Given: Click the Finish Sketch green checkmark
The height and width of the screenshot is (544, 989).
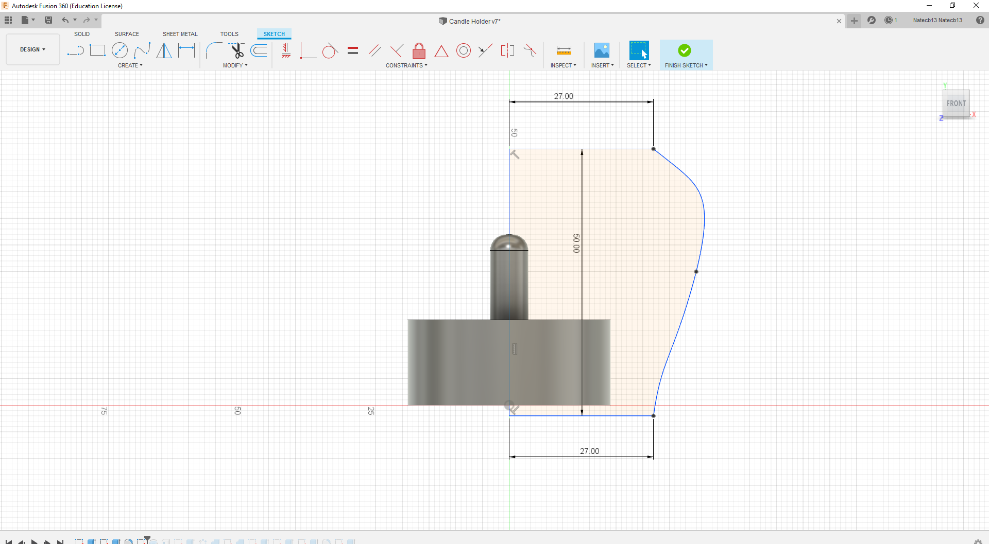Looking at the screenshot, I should point(684,50).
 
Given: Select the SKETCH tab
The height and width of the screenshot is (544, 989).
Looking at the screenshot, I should point(274,34).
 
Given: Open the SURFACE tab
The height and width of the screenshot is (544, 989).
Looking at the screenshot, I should point(127,34).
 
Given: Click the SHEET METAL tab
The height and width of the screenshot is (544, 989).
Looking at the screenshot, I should point(180,34).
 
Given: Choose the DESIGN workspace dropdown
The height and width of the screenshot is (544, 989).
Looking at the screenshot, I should point(32,49).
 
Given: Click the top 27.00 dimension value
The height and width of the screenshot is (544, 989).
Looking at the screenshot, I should point(564,96).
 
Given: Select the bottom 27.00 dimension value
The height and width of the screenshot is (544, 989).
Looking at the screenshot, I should point(589,451).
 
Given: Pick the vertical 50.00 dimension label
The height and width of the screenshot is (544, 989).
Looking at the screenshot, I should point(576,243).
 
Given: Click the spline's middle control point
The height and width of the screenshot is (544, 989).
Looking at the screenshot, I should point(696,272).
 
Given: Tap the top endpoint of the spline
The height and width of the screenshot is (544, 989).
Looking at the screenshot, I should point(654,149).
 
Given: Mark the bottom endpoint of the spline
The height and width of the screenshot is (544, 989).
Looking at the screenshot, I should point(654,416).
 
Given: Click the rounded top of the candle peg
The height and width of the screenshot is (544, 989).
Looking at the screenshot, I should point(509,242).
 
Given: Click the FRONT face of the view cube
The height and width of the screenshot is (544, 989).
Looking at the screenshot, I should point(956,103).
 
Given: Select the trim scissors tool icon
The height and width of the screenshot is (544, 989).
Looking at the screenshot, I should point(237,50).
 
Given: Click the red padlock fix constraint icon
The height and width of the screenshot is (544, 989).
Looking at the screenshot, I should point(419,51).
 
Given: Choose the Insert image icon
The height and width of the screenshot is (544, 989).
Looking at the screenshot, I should point(602,50).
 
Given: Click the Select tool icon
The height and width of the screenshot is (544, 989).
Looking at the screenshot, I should point(639,50).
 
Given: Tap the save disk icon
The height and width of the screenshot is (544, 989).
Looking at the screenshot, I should point(48,20).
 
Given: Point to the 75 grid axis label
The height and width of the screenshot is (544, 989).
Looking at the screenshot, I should point(104,411).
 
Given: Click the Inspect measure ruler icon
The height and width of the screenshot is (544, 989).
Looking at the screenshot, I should point(564,50).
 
